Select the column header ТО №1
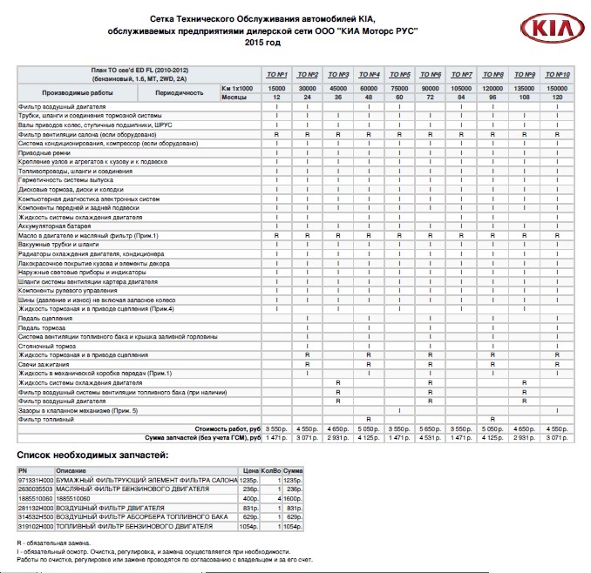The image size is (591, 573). point(276,74)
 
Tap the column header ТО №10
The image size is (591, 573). point(556,74)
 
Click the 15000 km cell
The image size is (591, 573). point(276,88)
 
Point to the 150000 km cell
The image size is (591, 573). point(556,88)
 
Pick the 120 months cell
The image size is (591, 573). point(556,97)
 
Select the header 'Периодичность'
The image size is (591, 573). point(180,92)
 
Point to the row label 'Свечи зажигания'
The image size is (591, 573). point(43,364)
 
